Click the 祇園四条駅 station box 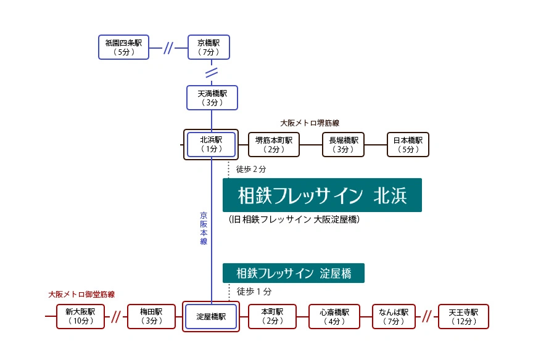(123, 47)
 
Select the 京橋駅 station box (209, 47)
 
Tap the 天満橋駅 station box (212, 98)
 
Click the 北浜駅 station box (212, 144)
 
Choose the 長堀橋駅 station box (344, 144)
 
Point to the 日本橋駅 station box (408, 144)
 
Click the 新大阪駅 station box (80, 316)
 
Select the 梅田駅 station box (151, 316)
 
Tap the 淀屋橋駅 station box (211, 317)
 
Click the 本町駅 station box (271, 316)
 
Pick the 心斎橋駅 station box (334, 316)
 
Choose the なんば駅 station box (394, 316)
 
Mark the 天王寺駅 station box (463, 316)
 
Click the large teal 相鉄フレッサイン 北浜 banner (322, 195)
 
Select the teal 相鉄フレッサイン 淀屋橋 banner (293, 273)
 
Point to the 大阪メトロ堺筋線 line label (310, 123)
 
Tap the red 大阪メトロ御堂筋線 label (81, 295)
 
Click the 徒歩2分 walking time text (251, 168)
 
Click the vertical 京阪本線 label (204, 229)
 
